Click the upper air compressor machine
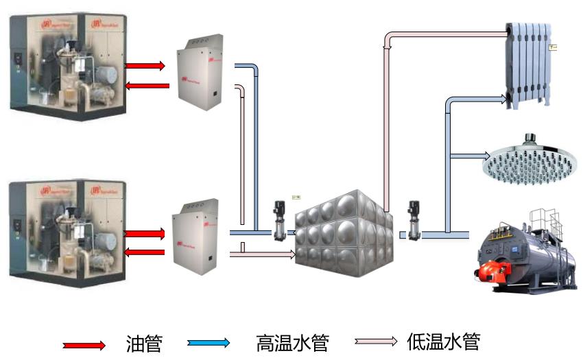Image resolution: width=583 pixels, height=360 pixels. click(67, 66)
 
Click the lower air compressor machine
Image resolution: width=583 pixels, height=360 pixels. click(67, 232)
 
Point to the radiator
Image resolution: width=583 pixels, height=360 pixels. click(527, 64)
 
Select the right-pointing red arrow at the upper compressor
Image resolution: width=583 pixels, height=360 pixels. click(146, 66)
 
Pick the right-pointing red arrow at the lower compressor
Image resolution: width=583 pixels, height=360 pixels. click(146, 234)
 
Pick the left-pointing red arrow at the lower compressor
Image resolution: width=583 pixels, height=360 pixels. click(146, 252)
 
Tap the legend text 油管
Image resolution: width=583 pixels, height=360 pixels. click(144, 342)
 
